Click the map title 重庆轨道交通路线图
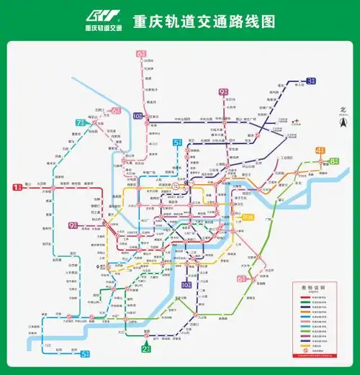(x=204, y=21)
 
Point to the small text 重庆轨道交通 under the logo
(x=103, y=28)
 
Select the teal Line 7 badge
(x=81, y=122)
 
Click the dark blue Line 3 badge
(x=311, y=81)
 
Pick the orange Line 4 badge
(x=320, y=150)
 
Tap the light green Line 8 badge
(x=335, y=161)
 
